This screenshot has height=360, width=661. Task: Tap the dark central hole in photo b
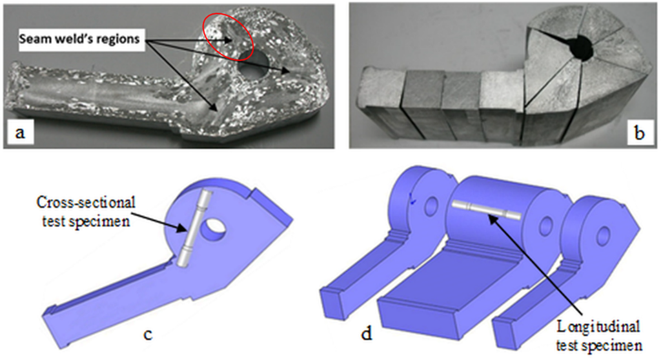click(584, 48)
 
